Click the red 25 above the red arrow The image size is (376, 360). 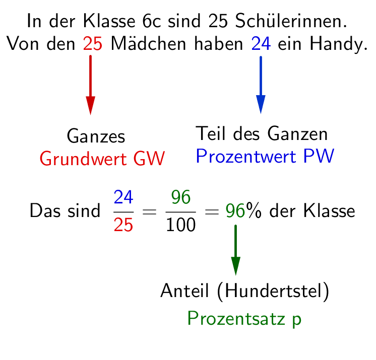(x=93, y=44)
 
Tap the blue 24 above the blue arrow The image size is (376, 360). (x=261, y=44)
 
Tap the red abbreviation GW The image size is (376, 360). (x=149, y=159)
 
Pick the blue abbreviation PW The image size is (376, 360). (x=319, y=157)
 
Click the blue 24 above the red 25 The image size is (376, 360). (x=123, y=197)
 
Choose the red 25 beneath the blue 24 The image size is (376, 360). (x=123, y=225)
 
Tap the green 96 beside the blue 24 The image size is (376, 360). (x=180, y=197)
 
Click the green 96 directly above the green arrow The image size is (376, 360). (x=235, y=211)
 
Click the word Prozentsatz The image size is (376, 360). (x=236, y=319)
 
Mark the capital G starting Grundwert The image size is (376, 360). (x=45, y=159)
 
